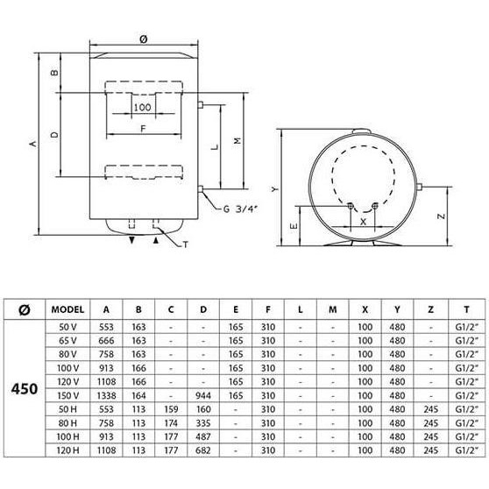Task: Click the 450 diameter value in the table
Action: (x=25, y=389)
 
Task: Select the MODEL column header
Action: (x=67, y=309)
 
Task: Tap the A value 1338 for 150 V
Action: (x=106, y=396)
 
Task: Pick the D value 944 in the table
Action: (x=203, y=396)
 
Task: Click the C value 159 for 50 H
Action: (x=171, y=409)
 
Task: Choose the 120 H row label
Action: (x=67, y=450)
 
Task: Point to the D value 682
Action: (x=203, y=450)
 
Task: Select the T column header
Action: (x=466, y=309)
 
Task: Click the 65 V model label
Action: (x=67, y=341)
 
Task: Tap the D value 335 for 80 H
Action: (x=203, y=423)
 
